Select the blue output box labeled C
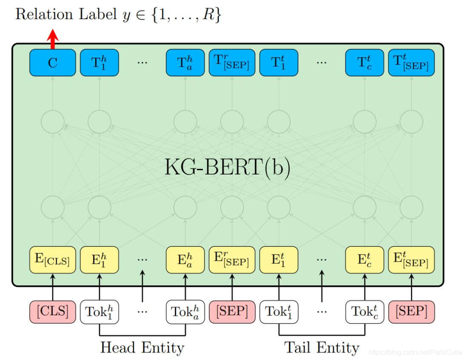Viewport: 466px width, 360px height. coord(52,63)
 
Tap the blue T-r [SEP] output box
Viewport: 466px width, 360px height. coord(232,63)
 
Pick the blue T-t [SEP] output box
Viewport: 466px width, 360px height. coord(411,63)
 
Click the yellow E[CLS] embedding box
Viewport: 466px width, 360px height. coord(52,260)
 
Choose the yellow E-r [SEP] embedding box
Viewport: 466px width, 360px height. coord(232,260)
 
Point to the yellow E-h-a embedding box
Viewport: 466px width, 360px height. coord(185,260)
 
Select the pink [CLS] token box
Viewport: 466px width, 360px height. coord(52,311)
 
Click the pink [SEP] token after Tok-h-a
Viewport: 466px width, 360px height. coord(232,311)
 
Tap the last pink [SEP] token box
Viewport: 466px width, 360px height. coord(411,311)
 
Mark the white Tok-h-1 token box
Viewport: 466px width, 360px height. coord(100,312)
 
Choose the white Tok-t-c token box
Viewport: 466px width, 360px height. coord(364,312)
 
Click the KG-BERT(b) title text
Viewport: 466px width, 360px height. coord(227,168)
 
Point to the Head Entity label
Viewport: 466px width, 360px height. coord(142,347)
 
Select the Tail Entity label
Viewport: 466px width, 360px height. coord(321,347)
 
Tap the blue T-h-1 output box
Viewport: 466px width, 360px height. coord(100,63)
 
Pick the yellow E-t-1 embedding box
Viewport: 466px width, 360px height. coord(279,260)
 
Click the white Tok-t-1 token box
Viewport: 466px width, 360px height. coord(279,312)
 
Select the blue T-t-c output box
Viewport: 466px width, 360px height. coord(364,63)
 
